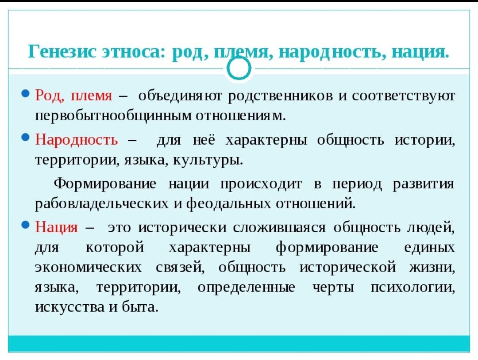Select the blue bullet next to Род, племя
(26, 93)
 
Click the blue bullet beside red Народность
(26, 138)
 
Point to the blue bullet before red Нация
(26, 225)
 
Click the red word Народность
(77, 140)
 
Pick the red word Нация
(56, 227)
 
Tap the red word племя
(92, 96)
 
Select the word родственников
(281, 96)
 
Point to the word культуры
(208, 161)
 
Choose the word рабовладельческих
(102, 203)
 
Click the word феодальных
(228, 203)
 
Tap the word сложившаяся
(279, 228)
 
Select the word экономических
(89, 268)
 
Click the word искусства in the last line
(70, 307)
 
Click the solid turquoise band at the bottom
(239, 344)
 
